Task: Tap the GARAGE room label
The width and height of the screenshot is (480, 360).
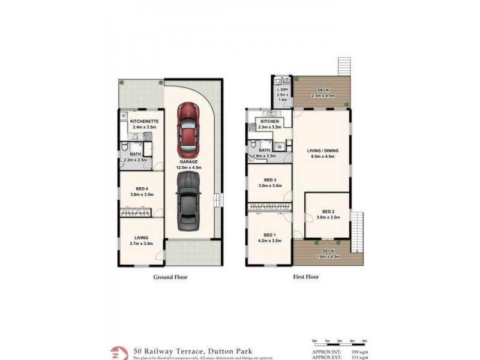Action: [x=188, y=162]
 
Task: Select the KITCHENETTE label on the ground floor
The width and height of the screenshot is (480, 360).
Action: [x=143, y=121]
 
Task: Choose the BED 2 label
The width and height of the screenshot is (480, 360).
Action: [x=328, y=211]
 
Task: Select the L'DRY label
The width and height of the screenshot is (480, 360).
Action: [x=282, y=91]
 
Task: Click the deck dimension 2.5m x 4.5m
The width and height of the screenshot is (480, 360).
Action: [x=323, y=96]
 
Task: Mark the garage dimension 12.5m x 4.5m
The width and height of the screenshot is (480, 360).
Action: [x=188, y=167]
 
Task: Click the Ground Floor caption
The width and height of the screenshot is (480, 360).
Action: [x=170, y=277]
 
